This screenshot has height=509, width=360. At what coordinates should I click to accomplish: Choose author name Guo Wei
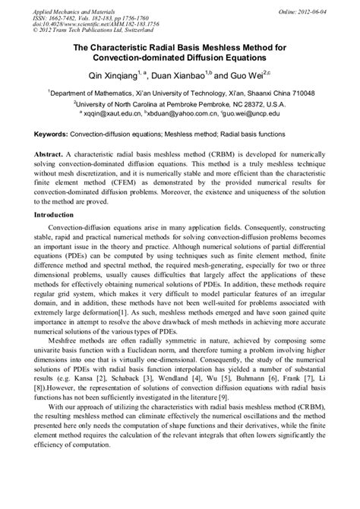click(237, 77)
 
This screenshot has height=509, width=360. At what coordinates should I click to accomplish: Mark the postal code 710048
click(295, 93)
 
